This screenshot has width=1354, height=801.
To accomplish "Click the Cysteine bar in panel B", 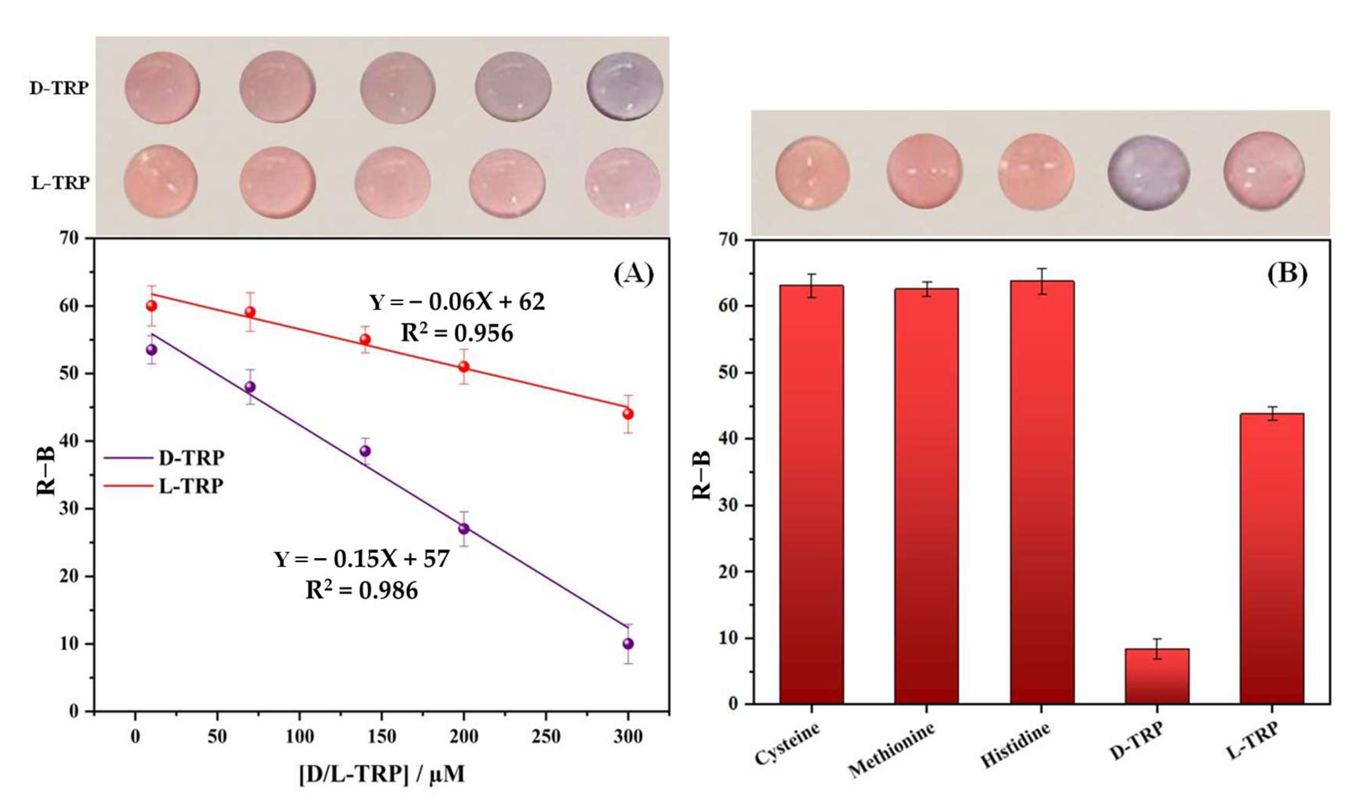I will click(811, 494).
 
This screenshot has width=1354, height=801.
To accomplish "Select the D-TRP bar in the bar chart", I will click(1157, 676).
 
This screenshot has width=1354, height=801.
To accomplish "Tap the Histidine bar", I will click(1042, 492).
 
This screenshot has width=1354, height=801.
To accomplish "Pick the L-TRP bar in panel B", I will click(1271, 558).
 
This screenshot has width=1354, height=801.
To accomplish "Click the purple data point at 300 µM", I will click(627, 643).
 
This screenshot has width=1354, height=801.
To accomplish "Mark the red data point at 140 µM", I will click(365, 339).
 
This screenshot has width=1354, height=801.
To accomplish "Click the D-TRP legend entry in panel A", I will click(164, 458).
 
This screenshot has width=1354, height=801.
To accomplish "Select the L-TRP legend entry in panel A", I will click(164, 486).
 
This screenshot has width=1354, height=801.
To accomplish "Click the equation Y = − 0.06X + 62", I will click(457, 302).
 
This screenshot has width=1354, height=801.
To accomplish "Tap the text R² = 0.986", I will click(362, 590).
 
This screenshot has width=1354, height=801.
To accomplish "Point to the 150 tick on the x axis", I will click(381, 736).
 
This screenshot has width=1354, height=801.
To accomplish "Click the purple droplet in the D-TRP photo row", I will click(625, 86).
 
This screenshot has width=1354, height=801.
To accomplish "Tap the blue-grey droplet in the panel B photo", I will click(1148, 173).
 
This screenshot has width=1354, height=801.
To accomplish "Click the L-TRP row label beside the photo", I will click(60, 183).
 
